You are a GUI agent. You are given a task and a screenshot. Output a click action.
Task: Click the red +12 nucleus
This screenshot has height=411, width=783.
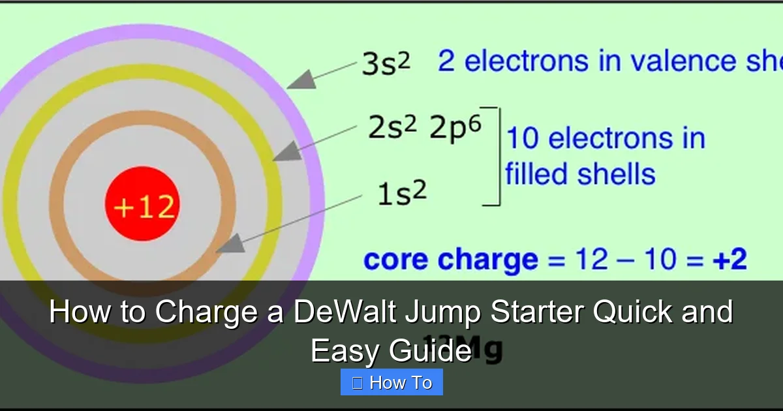pos(142,203)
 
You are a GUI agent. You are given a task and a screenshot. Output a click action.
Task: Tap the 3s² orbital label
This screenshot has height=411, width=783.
pos(386,65)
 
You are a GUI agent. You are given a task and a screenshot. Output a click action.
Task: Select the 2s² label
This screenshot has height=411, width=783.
pos(391,129)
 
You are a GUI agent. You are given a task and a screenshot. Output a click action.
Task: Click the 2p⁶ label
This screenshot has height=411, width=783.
pos(455,129)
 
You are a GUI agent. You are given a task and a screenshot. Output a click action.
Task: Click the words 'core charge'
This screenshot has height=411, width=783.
pos(450,260)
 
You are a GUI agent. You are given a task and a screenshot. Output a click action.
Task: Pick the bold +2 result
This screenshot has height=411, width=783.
pos(729,260)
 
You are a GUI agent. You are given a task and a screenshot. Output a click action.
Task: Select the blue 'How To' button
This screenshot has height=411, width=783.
pos(391,382)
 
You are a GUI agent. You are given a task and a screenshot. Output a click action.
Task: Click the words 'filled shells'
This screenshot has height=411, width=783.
pos(579,174)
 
